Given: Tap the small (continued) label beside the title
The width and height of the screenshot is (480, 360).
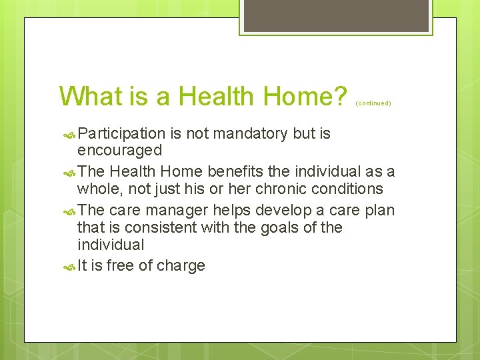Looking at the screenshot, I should pyautogui.click(x=373, y=103).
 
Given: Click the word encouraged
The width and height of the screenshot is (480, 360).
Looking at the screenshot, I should pyautogui.click(x=119, y=151).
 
